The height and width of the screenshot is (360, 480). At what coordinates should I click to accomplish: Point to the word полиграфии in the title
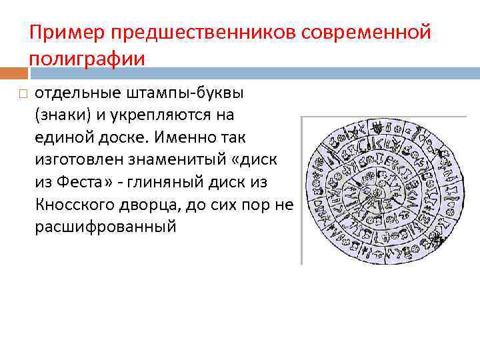(87, 59)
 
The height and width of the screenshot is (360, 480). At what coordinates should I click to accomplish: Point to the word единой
(62, 137)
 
